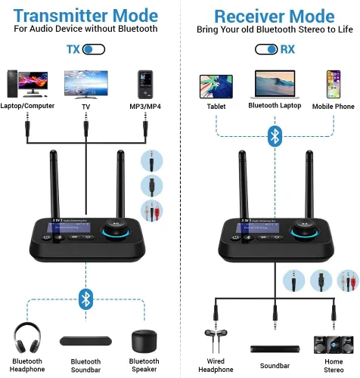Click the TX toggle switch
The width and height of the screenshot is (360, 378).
point(93,50)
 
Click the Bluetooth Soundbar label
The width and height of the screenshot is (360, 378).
point(85,365)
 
